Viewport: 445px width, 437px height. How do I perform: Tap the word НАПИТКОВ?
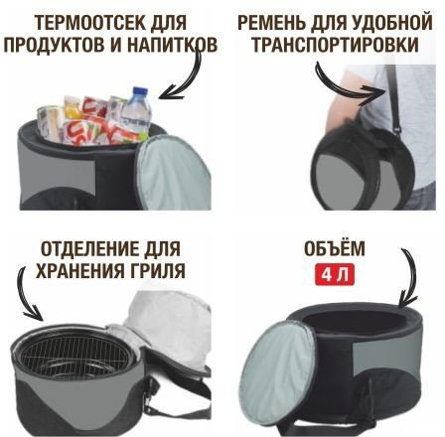tap(172, 45)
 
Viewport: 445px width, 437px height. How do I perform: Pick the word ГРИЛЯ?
tap(157, 271)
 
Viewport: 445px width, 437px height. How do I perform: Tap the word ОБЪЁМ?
tap(334, 248)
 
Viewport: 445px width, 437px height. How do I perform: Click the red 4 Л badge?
tap(335, 274)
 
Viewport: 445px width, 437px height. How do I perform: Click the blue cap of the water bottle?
tap(140, 91)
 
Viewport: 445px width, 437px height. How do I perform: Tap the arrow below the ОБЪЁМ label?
tap(410, 275)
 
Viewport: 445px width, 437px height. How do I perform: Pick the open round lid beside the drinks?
tap(173, 173)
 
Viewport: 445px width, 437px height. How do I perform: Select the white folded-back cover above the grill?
tap(172, 325)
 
